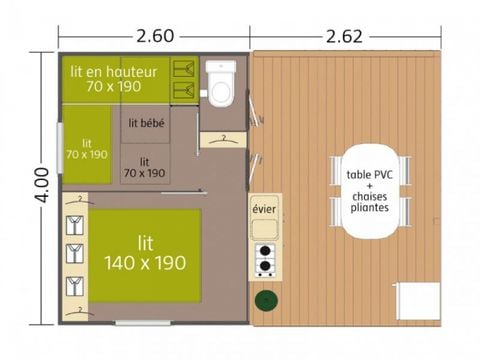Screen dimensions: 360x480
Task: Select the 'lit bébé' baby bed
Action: [x=147, y=124]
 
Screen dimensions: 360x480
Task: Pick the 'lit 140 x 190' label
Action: [x=146, y=254]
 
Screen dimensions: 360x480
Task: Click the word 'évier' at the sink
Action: [x=264, y=209]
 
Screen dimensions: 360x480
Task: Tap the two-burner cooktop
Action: [x=266, y=258]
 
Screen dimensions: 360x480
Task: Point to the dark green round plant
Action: [x=266, y=299]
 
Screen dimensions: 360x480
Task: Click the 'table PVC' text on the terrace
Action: [x=371, y=173]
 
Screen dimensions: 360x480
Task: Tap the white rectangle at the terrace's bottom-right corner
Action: [x=419, y=298]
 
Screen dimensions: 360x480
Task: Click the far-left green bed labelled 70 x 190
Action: [x=87, y=148]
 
